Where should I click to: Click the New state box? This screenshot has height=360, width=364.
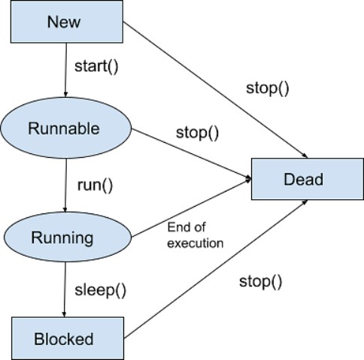pos(64,21)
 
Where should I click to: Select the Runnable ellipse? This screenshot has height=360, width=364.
pos(64,128)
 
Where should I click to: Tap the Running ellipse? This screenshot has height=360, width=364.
pos(62,237)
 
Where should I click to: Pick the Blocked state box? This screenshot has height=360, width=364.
pos(64,339)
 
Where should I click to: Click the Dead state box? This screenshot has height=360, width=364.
pos(303,179)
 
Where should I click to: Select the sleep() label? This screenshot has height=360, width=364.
pos(100,289)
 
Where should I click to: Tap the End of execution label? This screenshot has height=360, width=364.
pos(196,234)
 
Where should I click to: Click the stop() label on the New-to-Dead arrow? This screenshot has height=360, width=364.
pos(267,87)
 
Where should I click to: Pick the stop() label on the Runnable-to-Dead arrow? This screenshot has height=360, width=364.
pos(197,133)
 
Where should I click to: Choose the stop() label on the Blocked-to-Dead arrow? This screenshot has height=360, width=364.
pos(260,282)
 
